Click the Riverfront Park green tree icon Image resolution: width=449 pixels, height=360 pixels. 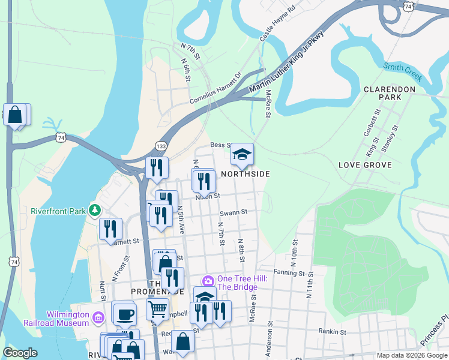pos(94,211)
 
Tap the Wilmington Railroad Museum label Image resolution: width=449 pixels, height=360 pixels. pos(57,318)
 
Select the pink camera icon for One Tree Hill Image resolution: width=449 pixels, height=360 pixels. pos(208,281)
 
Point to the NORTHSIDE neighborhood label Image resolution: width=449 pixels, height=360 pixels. pos(245,174)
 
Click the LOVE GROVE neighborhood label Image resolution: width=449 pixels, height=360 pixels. pos(365,165)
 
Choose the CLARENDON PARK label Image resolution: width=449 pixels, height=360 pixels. pos(390,93)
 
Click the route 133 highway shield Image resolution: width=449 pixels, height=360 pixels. pos(161,146)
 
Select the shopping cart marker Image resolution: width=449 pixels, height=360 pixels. pos(157,309)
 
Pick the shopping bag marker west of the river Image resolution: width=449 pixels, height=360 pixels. pos(14,115)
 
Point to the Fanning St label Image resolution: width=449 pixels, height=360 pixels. pos(294,272)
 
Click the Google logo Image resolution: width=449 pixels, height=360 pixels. pos(20,353)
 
